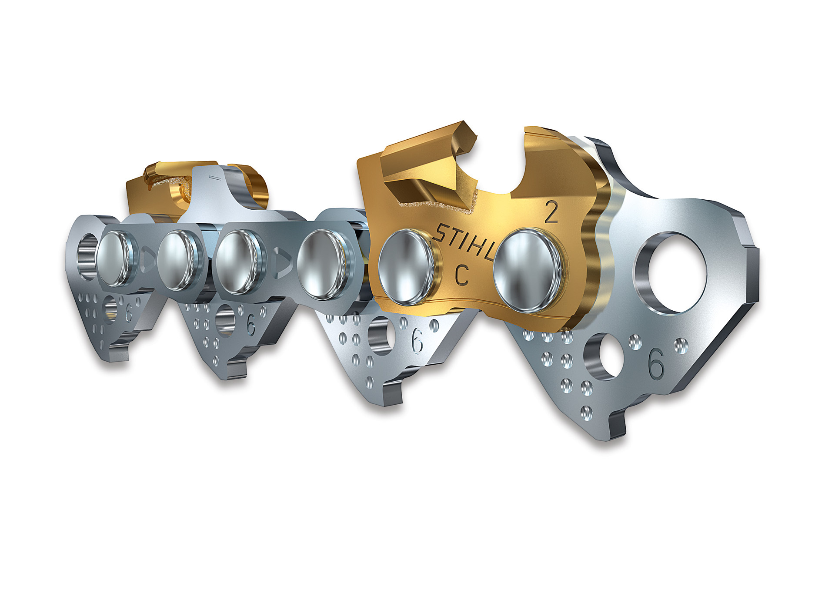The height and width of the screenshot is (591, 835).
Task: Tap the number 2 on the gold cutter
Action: pyautogui.click(x=551, y=213)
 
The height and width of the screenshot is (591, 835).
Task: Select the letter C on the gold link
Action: pyautogui.click(x=462, y=275)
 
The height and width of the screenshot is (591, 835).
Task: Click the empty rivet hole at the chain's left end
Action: pyautogui.click(x=87, y=257)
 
